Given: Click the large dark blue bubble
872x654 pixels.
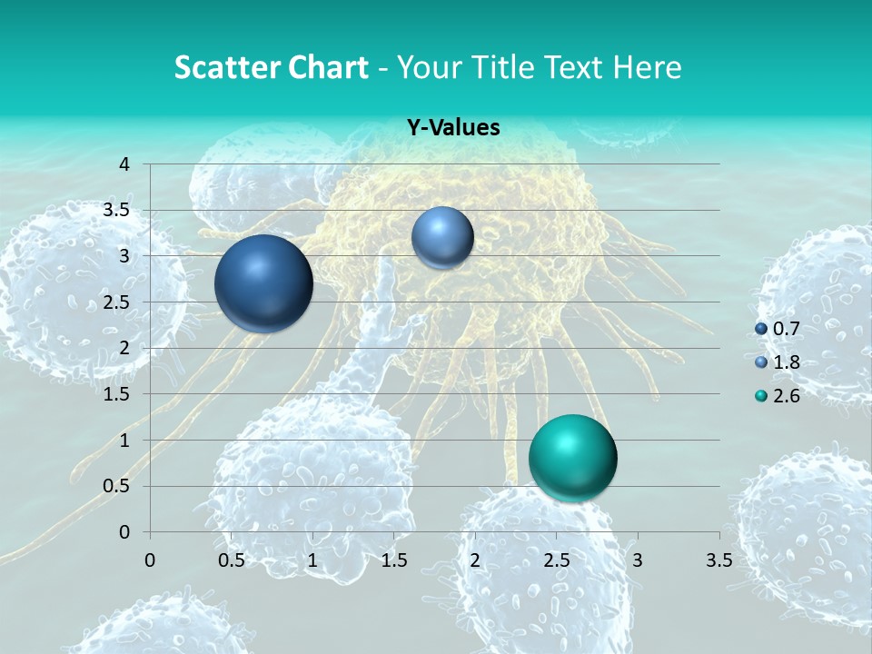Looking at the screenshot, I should point(263,283).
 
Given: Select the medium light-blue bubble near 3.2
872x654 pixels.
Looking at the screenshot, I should point(442,238).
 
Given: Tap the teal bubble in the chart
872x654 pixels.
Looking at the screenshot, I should point(572,458).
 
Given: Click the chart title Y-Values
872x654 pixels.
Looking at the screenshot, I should point(453,128).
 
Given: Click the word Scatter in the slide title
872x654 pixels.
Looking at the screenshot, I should point(223,67).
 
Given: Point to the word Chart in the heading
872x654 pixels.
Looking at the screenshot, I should point(324,67).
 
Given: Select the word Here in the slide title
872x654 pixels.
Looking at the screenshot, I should point(647,67).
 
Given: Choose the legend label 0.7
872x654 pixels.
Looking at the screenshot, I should point(787,328).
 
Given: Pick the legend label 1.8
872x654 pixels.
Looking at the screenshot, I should point(787,362).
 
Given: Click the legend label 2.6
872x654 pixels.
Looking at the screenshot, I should point(787,395).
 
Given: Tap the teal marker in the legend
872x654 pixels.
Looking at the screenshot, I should point(761,395).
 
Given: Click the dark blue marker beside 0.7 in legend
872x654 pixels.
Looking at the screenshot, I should point(761,328).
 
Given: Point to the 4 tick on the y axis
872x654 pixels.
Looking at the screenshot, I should point(124,164).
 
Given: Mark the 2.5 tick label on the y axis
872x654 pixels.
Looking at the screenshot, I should point(115,302).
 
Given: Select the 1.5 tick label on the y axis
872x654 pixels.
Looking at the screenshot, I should point(115,394).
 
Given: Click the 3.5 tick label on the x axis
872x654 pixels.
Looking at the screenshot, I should point(718,560).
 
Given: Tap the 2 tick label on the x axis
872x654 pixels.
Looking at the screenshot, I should point(474,560).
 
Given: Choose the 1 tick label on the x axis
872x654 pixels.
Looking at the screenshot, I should point(312,560).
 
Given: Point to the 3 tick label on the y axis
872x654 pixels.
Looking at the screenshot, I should point(124,256).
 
